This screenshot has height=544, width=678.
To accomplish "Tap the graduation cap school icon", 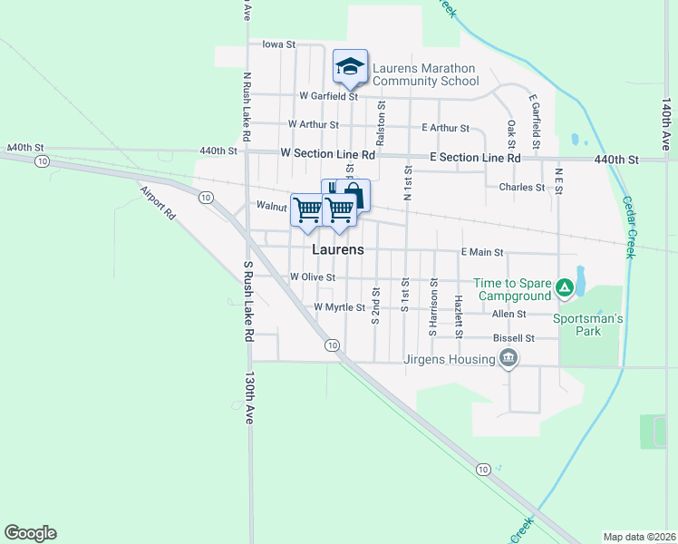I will point(350,65).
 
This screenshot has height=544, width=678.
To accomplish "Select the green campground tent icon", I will point(564,288).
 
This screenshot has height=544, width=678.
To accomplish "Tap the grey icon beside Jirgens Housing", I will point(508,359).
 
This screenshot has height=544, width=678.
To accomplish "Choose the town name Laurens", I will point(338,249).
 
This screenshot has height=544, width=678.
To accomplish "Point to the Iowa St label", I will point(278,44).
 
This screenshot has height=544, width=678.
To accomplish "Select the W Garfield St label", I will point(329,95).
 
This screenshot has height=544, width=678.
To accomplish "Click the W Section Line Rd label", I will point(327,155).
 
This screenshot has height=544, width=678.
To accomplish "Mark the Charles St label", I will point(521,188).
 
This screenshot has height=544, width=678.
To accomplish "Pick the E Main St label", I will point(481,252).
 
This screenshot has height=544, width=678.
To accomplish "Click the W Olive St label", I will point(313,277).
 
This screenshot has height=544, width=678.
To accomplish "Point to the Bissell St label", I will point(513,338).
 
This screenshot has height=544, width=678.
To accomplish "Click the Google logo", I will point(30,533).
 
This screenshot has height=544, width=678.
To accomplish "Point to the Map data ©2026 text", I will point(639,537).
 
